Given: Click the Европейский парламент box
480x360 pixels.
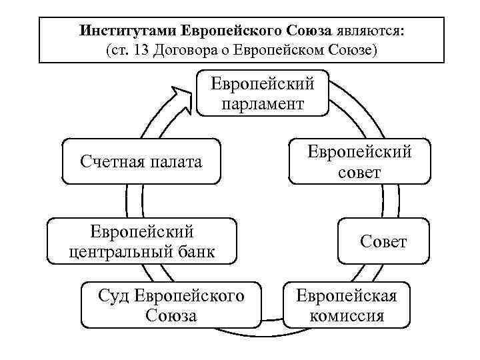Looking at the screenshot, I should [263, 93].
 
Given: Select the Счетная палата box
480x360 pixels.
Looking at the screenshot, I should [141, 161].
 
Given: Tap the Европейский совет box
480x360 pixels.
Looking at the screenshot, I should [359, 161].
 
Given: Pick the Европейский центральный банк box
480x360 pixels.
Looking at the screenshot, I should [142, 241].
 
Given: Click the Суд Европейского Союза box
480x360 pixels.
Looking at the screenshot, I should [171, 305].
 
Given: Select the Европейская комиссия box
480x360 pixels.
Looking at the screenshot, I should [346, 305].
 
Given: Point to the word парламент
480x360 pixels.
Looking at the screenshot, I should [263, 104].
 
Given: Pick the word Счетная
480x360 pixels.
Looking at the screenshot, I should [108, 161].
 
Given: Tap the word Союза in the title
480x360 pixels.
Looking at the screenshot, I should [310, 31].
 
